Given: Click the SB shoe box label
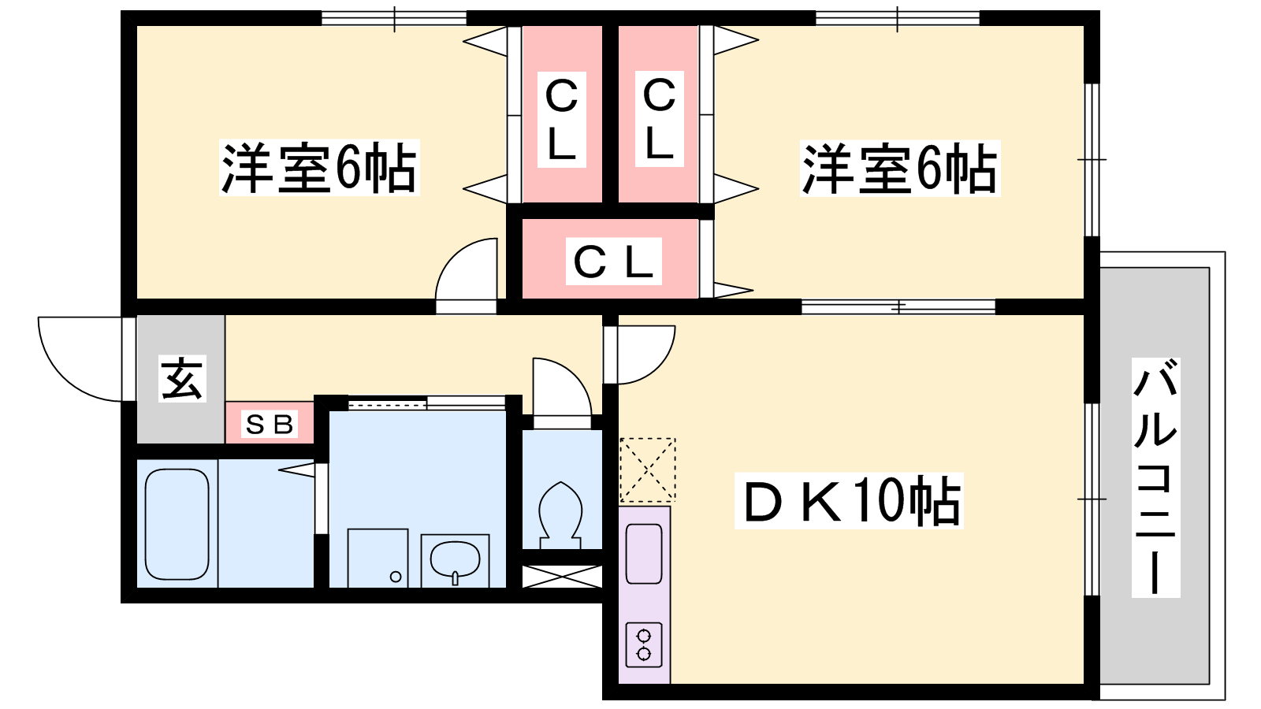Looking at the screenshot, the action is pos(269,425).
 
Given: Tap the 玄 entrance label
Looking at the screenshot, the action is pos(182,378).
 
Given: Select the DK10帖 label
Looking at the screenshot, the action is pos(849,501).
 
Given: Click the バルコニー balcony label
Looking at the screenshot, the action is pos(1155,477).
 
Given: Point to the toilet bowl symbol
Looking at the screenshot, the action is pos(560,515).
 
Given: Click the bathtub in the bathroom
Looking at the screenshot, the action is pos(177,525).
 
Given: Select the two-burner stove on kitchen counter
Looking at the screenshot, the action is pos(644,645).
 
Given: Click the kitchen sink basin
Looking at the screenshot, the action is pos(644,555).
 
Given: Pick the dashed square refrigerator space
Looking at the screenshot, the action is pos(647,470).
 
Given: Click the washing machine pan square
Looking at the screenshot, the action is pos(378,559).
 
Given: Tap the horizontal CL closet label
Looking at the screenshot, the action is pos(614,261).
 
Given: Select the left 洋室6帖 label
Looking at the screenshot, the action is pos(319,168).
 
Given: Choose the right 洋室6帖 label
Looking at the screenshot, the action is pos(899,169).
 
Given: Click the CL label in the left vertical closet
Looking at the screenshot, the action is pos(562,119).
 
